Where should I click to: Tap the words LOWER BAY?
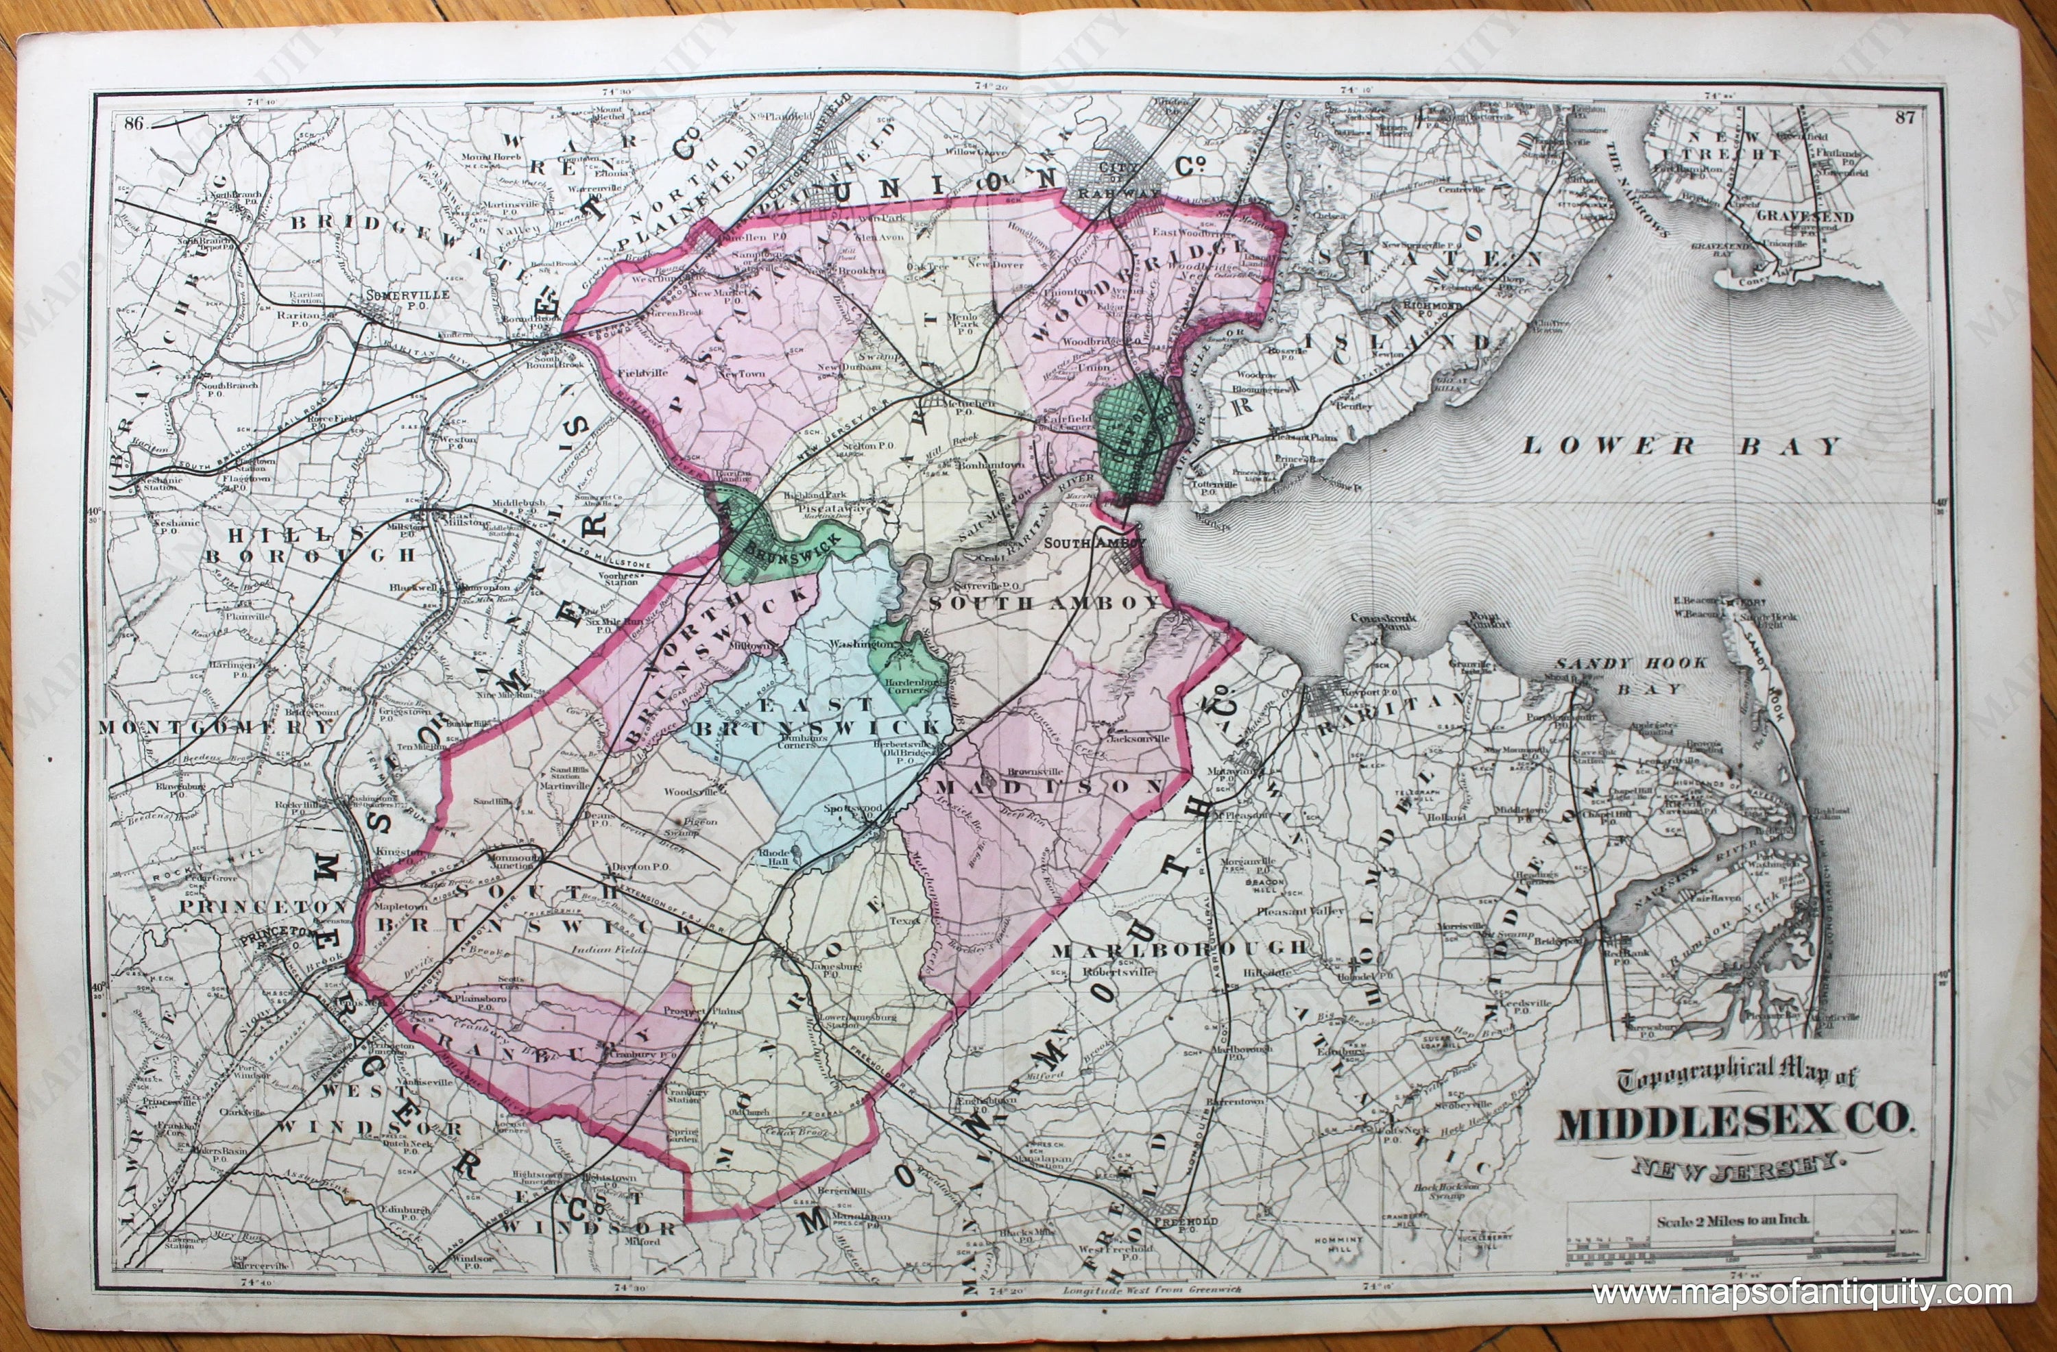coord(1681,446)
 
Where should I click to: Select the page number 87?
coord(1905,117)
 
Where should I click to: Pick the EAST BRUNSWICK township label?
coord(817,717)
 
